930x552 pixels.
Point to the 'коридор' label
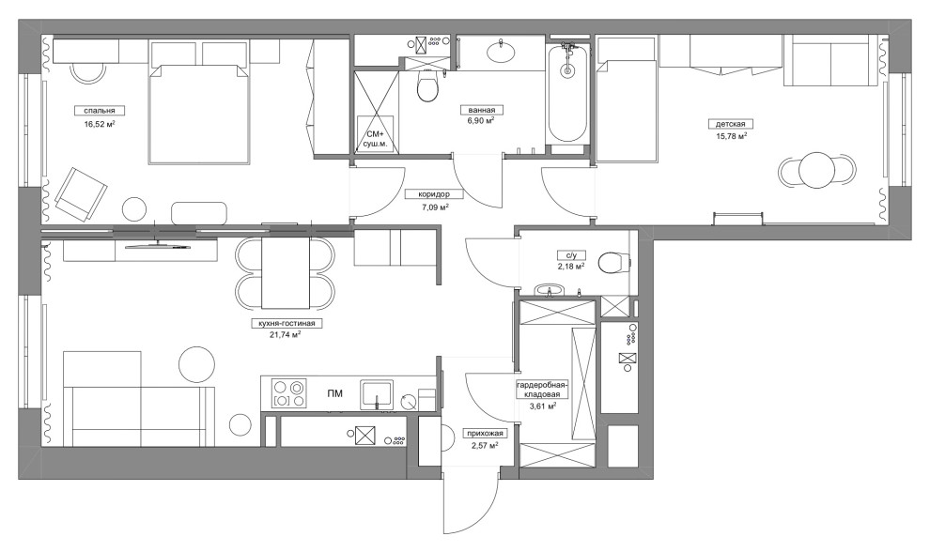[x=434, y=194]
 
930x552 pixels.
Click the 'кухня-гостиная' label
[x=287, y=324]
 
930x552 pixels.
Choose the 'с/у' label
[x=571, y=255]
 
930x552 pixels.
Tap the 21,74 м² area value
[x=285, y=334]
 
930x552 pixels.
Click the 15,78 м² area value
[x=731, y=135]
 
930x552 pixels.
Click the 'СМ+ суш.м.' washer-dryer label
[x=376, y=139]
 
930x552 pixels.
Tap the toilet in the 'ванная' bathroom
[x=427, y=86]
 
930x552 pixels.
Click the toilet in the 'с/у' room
[x=614, y=262]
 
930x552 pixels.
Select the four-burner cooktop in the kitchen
[x=289, y=393]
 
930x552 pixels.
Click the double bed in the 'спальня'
[x=198, y=115]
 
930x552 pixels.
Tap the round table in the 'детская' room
[x=817, y=171]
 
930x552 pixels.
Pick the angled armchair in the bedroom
[x=80, y=193]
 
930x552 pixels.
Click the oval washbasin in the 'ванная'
[x=502, y=53]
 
